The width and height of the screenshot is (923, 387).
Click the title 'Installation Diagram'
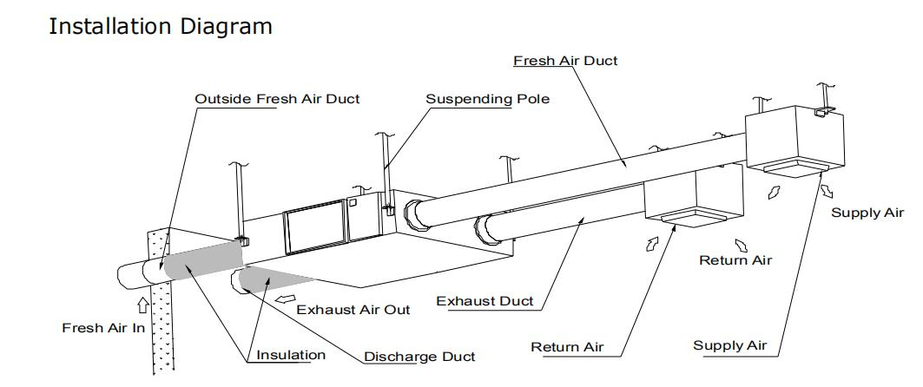(161, 26)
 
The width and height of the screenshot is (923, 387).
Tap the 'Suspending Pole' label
(487, 99)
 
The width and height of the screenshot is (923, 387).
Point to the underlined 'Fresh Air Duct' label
(565, 61)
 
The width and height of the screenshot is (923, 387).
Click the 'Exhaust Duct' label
(485, 301)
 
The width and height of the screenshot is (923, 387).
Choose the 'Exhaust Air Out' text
(353, 309)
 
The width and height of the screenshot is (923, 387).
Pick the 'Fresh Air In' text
(103, 328)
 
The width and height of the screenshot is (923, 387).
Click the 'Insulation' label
(291, 355)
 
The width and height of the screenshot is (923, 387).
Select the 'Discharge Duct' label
(419, 357)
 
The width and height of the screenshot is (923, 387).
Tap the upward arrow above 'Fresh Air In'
(142, 305)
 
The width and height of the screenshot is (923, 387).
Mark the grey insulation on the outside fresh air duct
(201, 259)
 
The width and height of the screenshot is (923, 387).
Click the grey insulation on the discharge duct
(274, 279)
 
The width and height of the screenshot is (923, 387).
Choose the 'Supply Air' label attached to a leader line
(730, 345)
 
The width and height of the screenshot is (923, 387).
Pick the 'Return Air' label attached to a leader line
(567, 347)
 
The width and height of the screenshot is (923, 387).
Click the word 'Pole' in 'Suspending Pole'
(532, 99)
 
